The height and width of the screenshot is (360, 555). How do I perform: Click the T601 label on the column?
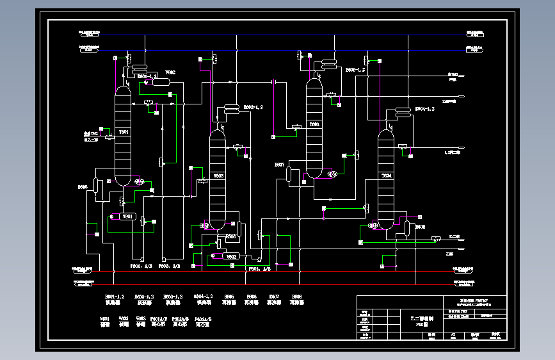pos(124,132)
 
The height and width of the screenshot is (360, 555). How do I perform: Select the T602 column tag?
pos(218,176)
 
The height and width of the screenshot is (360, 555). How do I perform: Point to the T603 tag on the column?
pos(314,124)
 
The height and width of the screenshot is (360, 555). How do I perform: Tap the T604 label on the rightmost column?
pos(387,175)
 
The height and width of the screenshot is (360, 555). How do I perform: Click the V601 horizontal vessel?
pos(127,217)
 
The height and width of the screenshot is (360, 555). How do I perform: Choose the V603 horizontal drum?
pos(230,257)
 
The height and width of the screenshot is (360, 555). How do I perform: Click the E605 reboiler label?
pos(83,187)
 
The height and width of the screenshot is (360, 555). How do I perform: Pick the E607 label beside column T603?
pos(279,165)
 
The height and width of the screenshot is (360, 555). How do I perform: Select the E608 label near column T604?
pos(421,227)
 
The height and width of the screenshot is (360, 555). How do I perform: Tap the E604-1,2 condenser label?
pos(425,110)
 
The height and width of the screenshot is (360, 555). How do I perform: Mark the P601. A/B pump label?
pos(141,265)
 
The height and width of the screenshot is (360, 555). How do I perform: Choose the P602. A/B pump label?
pos(170,265)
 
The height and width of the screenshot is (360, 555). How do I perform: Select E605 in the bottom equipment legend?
pos(229,297)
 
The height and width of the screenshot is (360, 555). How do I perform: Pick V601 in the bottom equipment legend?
pos(105,318)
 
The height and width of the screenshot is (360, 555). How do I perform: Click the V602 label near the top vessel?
pos(170,73)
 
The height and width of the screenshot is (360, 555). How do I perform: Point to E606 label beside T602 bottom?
pos(231,236)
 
